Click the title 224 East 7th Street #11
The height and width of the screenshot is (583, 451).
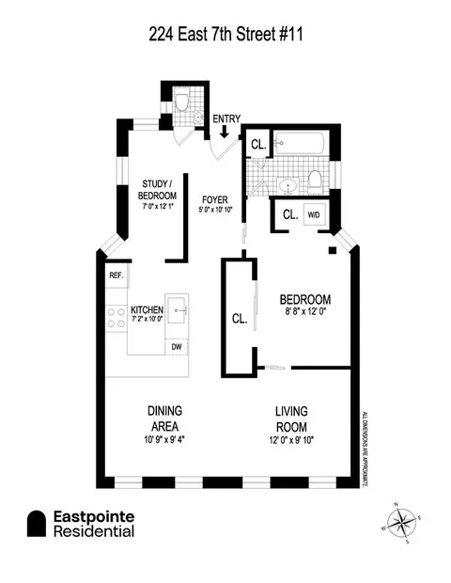point(225,35)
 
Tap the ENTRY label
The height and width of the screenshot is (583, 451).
point(225,118)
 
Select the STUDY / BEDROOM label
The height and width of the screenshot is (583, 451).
point(160,189)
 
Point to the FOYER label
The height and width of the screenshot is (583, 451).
point(216,199)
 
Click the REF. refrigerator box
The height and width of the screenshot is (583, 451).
point(117,276)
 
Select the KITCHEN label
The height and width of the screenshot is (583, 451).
point(147,310)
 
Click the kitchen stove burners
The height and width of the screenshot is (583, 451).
point(117,318)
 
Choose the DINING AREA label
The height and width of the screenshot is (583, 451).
point(163,412)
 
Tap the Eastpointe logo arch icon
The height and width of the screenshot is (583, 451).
point(37,524)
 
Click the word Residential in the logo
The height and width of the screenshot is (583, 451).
point(92,532)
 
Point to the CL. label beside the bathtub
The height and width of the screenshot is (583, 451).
point(258,145)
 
